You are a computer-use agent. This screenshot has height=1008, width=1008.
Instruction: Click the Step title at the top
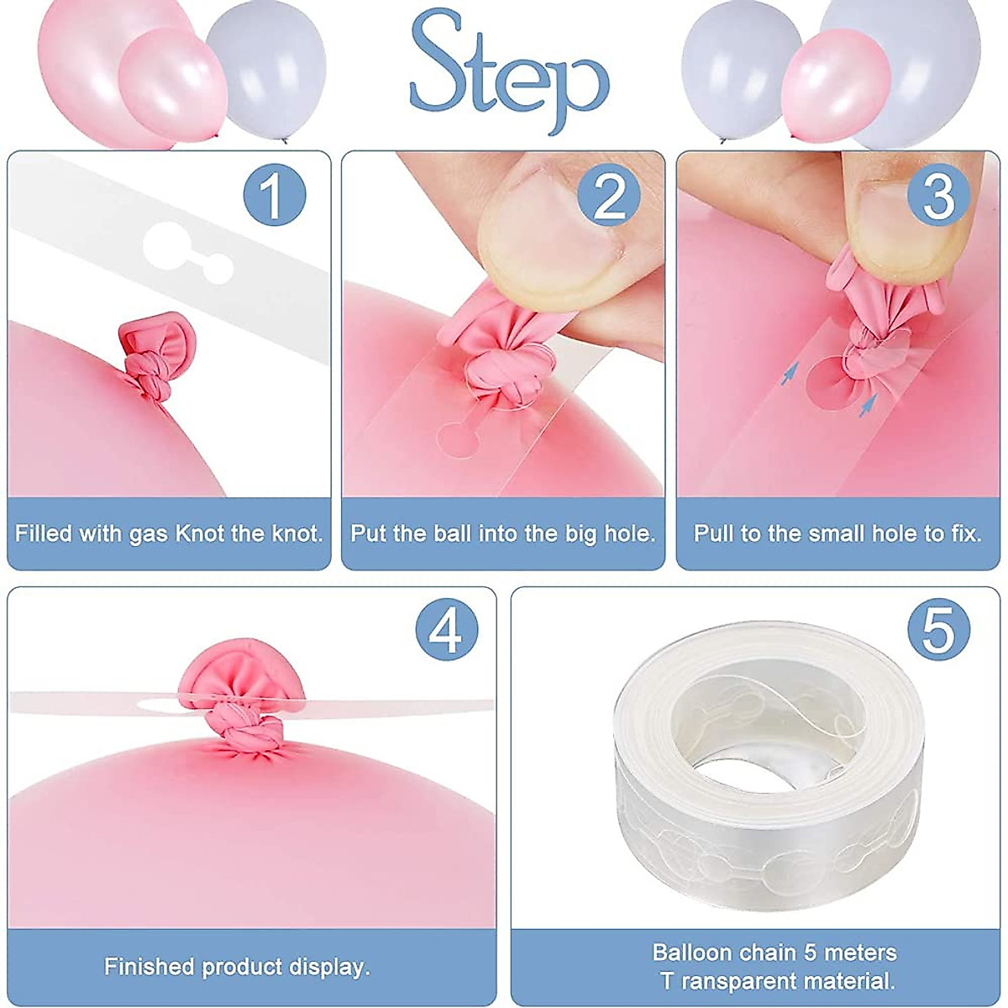[509, 74]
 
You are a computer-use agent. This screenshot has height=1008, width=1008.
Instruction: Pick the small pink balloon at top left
[173, 84]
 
